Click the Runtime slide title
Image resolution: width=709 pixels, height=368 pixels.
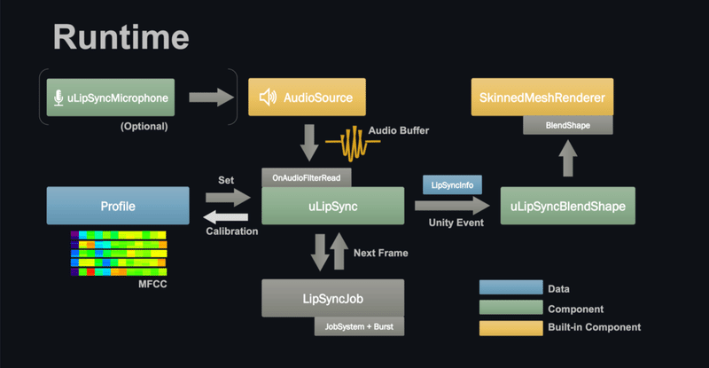click(121, 36)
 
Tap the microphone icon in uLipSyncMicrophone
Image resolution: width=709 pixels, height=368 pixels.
click(58, 97)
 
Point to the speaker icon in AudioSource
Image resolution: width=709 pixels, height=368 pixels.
click(267, 97)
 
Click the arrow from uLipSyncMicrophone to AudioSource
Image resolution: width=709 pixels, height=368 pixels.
click(212, 97)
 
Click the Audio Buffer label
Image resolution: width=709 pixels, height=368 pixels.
click(399, 131)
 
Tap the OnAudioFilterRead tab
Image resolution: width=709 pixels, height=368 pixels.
click(307, 177)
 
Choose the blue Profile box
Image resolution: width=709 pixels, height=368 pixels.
click(117, 206)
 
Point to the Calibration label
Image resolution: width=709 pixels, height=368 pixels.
click(232, 231)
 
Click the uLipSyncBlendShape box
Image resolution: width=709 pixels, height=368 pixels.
click(567, 206)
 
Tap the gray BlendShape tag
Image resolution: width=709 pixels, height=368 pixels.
click(568, 126)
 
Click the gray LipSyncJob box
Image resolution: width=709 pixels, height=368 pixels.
click(332, 298)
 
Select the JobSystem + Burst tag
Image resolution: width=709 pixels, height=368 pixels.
click(359, 326)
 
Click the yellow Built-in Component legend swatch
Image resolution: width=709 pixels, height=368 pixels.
click(510, 327)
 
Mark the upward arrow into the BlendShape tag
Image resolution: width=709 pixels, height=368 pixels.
click(568, 161)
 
